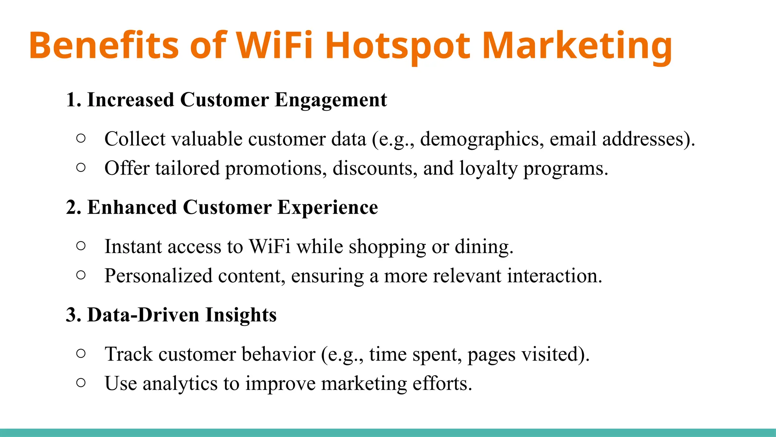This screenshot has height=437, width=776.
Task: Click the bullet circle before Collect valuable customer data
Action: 81,138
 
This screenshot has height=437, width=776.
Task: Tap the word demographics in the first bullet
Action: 479,140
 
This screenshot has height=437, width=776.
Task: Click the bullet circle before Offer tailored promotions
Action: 81,168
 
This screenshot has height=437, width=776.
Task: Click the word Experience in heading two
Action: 327,208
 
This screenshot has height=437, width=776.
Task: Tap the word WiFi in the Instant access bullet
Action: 269,247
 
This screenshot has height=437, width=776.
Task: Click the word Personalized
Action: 158,276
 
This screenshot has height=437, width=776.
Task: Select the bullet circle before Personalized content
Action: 81,275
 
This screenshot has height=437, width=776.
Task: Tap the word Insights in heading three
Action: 241,315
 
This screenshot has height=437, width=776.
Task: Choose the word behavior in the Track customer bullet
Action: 278,354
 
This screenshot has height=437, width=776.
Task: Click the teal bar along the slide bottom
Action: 388,433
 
